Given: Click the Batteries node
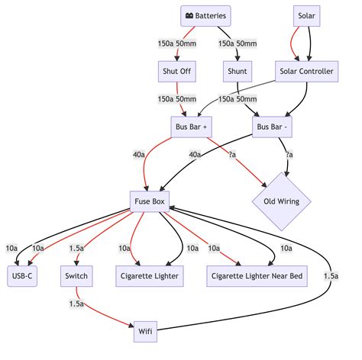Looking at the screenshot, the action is point(205,16).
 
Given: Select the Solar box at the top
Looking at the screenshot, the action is point(306,16).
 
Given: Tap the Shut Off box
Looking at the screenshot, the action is point(177,72).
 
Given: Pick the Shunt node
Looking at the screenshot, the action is point(238,72).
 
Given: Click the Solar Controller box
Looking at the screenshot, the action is point(306,72).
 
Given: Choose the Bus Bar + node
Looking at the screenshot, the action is point(191,127).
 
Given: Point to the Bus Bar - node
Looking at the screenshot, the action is point(272,127).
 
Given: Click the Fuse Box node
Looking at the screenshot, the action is point(150,201).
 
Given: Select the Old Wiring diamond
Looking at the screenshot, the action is point(281,201).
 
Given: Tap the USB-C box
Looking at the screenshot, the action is point(22,276).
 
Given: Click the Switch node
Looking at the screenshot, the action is point(76,276).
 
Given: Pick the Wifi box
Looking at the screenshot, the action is point(145,332).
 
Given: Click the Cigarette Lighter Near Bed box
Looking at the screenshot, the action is point(257,276).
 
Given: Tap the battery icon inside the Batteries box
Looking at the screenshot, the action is point(189,16).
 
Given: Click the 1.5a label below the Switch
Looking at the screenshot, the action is point(76,304).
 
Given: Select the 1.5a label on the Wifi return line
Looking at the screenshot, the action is point(331,276).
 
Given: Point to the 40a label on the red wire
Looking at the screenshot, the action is point(139,154).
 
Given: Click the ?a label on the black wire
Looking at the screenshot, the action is point(289,154).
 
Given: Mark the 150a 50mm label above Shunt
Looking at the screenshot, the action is point(238,43).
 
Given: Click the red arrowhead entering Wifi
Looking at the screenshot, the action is point(131,325).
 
